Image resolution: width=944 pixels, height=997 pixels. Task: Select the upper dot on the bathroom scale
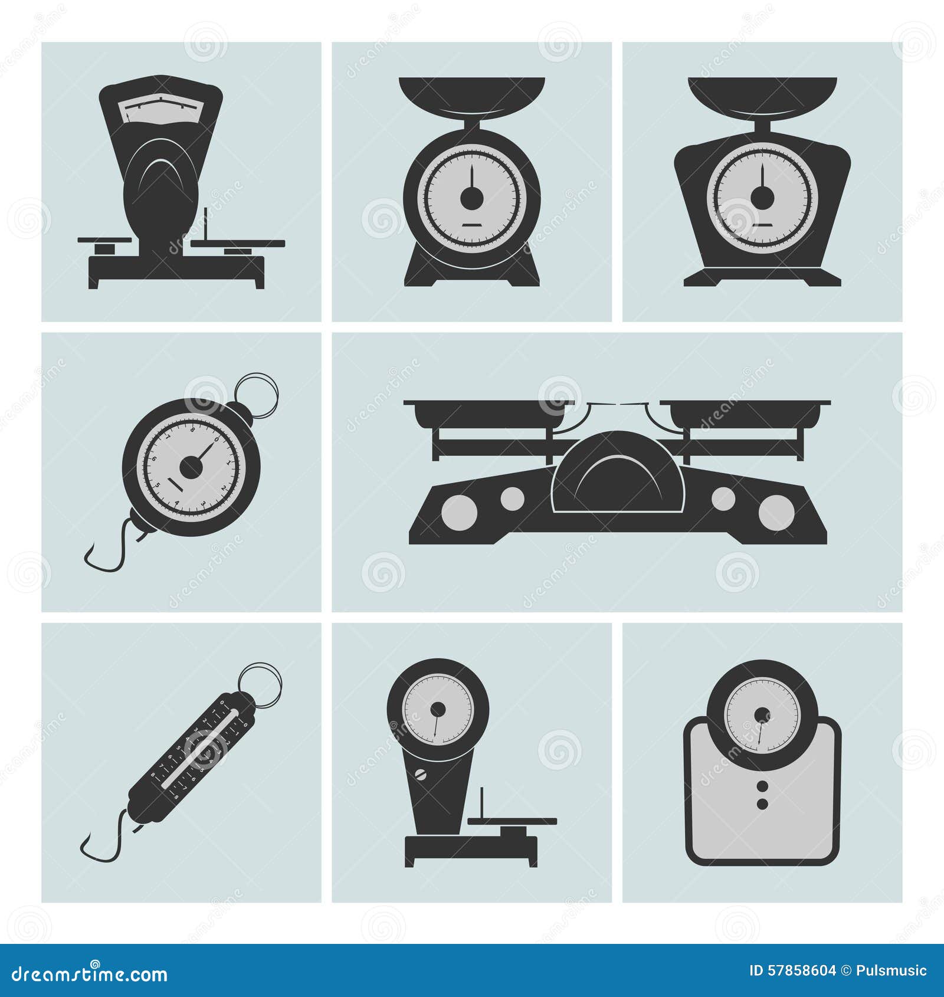click(x=762, y=786)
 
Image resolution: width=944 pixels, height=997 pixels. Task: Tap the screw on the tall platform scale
click(x=421, y=775)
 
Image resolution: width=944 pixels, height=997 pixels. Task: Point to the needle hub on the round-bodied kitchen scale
click(x=471, y=198)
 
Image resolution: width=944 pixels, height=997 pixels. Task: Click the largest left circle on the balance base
click(x=458, y=511)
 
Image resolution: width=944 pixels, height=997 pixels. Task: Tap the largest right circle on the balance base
click(x=776, y=512)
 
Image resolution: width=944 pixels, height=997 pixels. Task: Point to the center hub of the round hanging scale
click(x=191, y=468)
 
